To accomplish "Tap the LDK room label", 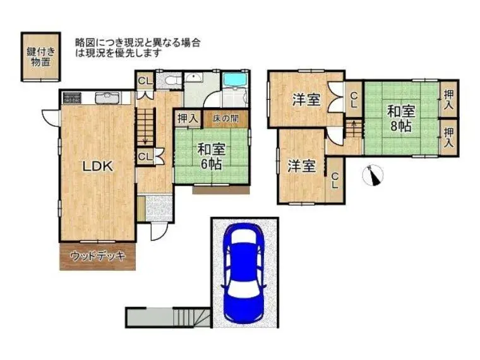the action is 98,166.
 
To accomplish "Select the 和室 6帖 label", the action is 212,157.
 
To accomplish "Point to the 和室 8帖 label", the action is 401,118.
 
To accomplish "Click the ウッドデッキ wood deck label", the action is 98,256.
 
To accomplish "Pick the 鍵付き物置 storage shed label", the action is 40,57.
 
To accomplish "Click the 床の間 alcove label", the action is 226,118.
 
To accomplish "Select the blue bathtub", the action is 236,80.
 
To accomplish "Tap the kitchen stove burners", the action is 72,98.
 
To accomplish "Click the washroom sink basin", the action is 193,78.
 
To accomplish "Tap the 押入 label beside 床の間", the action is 188,118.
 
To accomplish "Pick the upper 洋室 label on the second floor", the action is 306,99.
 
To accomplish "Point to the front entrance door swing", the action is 159,231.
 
